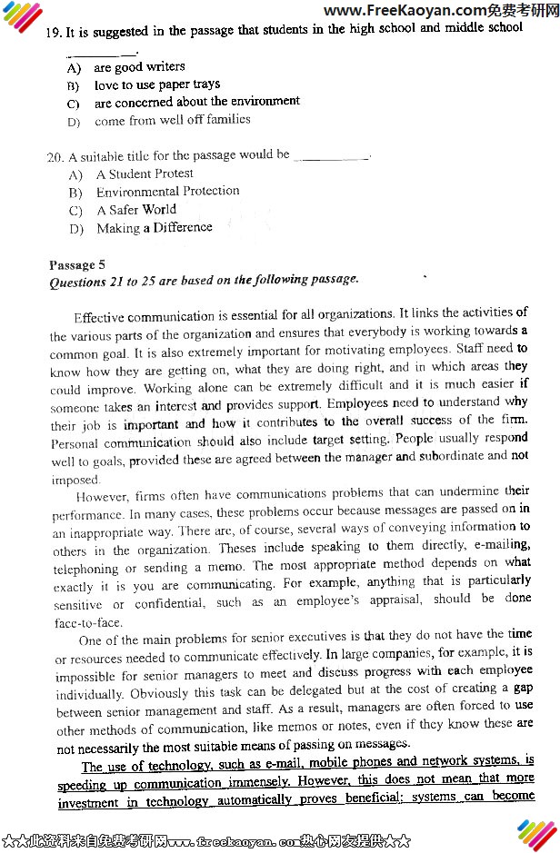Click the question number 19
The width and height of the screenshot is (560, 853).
tap(54, 32)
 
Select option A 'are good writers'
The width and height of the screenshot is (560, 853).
tap(138, 67)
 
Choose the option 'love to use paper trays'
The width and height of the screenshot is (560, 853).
tap(156, 84)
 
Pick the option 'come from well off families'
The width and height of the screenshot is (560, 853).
tap(172, 120)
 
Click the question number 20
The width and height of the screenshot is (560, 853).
tap(55, 156)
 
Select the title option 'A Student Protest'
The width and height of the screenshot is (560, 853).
tap(144, 174)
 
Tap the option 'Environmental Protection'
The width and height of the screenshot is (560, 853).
tap(167, 192)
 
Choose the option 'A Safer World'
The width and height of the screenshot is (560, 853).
tap(135, 210)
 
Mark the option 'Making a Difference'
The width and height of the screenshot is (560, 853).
tap(154, 228)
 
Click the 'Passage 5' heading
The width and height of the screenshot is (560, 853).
tap(77, 264)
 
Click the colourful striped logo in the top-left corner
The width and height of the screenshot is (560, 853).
tap(22, 15)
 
